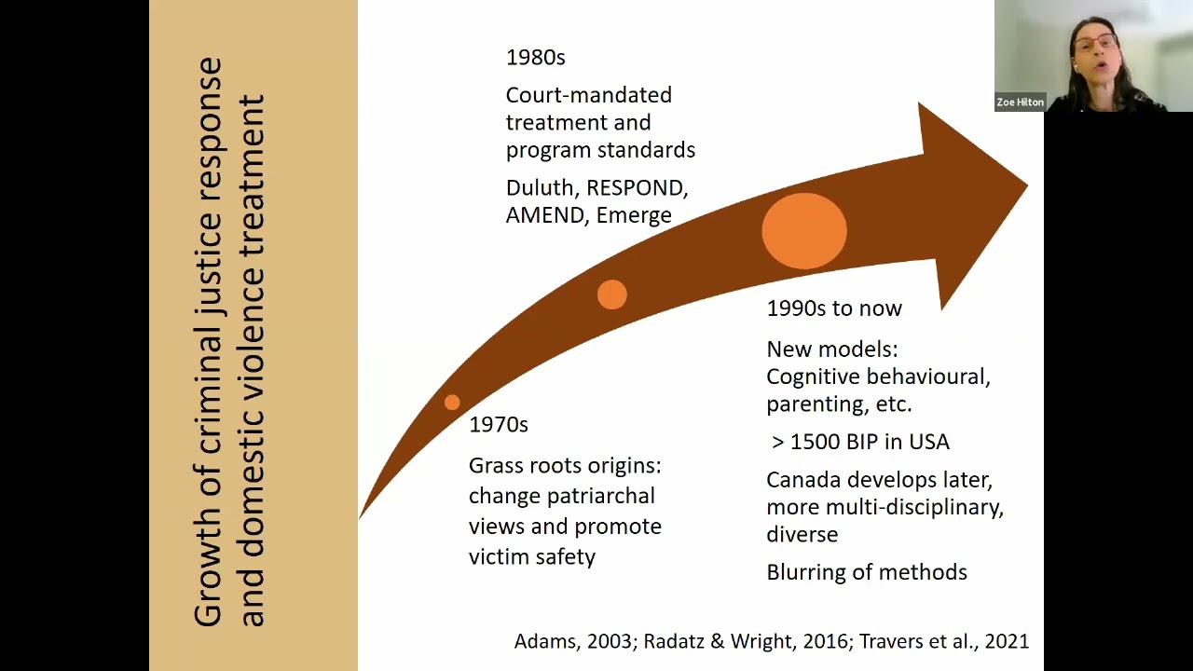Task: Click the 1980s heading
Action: pos(535,58)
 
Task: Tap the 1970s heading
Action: pos(498,425)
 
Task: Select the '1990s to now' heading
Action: pos(833,308)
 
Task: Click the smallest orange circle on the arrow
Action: pos(452,402)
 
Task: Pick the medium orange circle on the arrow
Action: pos(611,294)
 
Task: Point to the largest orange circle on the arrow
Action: pos(803,231)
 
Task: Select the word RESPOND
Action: pos(637,188)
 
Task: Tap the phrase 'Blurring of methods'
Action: pos(866,572)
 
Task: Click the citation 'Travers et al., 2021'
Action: pos(943,641)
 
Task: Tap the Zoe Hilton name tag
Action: pos(1020,103)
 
